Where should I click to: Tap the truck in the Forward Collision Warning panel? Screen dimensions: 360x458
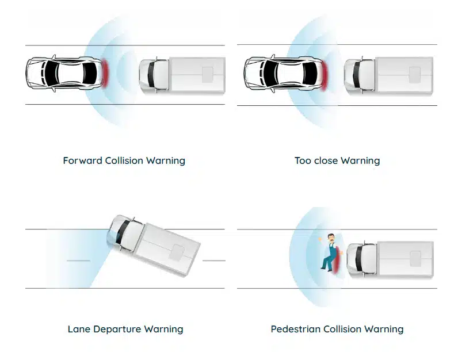click(182, 75)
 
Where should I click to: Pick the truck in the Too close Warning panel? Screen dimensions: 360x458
click(388, 75)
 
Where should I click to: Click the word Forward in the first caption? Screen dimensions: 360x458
click(82, 160)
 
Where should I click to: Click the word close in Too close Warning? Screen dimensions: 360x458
click(327, 160)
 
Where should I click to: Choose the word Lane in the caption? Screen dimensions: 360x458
click(79, 330)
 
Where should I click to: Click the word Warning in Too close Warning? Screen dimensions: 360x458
click(361, 160)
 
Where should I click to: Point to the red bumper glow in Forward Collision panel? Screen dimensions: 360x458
click(105, 74)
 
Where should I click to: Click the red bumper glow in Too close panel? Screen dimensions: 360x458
click(324, 74)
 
